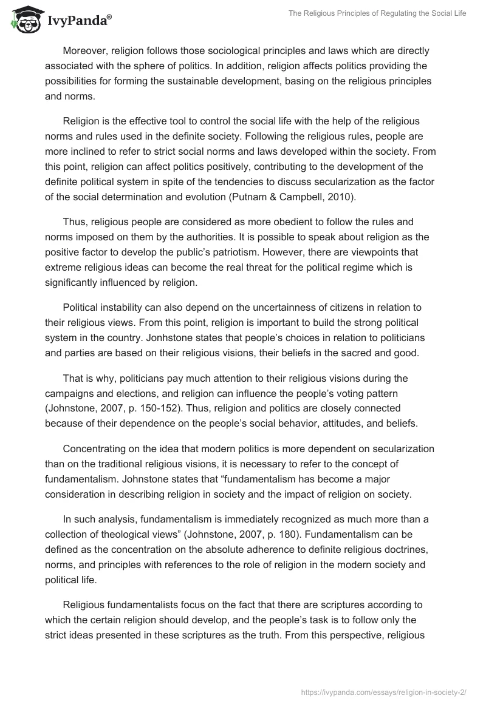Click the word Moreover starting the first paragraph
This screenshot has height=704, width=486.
(86, 51)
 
